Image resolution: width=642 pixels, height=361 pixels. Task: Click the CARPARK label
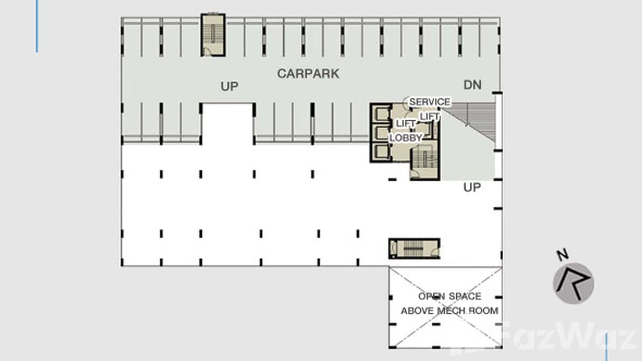[x=308, y=74]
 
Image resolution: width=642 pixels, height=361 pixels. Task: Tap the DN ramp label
[x=473, y=85]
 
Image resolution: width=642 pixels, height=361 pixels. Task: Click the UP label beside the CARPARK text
[x=229, y=86]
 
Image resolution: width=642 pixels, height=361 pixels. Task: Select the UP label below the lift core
[x=472, y=187]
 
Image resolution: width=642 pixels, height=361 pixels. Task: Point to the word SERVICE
[x=430, y=102]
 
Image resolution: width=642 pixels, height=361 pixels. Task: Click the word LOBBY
[x=406, y=137]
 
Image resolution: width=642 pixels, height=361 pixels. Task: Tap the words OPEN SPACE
[x=450, y=296]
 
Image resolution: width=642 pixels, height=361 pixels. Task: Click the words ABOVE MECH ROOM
[x=449, y=311]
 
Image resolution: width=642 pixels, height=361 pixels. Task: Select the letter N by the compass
[x=563, y=255]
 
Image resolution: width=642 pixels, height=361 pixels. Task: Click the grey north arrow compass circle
[x=573, y=283]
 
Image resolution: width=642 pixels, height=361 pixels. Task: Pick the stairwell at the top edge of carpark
[x=213, y=35]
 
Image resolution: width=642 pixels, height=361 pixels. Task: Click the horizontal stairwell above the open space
[x=414, y=248]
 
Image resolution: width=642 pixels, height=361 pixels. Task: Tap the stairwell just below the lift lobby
[x=425, y=162]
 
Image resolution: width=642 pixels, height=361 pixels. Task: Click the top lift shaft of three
[x=381, y=114]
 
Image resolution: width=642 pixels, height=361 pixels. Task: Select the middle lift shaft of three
[x=381, y=133]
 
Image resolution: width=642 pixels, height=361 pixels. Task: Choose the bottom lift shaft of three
[x=381, y=151]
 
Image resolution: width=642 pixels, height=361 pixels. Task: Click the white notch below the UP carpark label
[x=228, y=124]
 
